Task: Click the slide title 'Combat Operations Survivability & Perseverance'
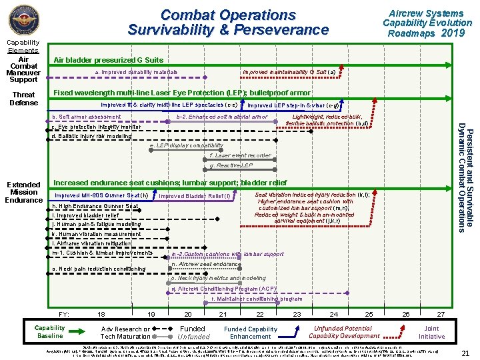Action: click(228, 22)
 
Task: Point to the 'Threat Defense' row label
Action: click(24, 99)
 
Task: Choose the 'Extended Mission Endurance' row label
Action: click(24, 191)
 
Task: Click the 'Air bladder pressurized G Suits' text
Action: click(108, 60)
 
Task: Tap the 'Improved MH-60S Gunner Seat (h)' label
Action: click(101, 195)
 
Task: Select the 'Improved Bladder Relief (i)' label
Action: click(194, 196)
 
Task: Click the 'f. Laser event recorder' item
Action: click(240, 155)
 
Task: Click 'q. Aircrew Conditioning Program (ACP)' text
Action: click(223, 289)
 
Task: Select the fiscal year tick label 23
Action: click(297, 313)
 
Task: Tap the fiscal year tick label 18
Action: click(101, 313)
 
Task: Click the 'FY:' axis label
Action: click(64, 313)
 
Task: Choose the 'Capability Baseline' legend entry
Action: click(49, 332)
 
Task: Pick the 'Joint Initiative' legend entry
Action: click(431, 332)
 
